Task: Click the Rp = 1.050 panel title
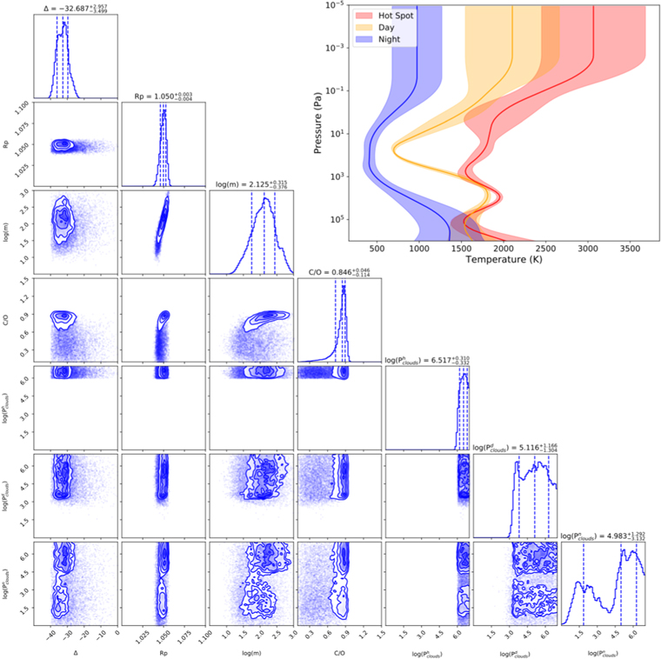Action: (x=163, y=97)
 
